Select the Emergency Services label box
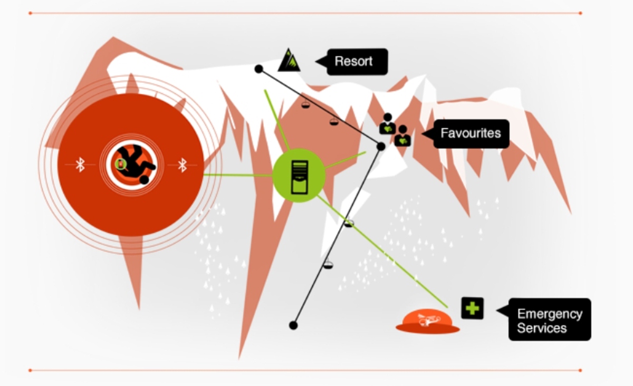pos(549,320)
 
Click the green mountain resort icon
pos(289,60)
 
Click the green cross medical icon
pos(472,308)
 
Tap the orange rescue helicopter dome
pos(427,321)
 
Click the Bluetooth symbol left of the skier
pos(80,165)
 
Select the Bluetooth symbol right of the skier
pos(183,165)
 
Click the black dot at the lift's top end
pos(258,69)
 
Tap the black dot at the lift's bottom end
pos(293,325)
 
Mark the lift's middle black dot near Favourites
pos(381,146)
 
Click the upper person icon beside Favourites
pos(388,124)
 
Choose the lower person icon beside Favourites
pos(402,136)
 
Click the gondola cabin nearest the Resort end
pos(305,104)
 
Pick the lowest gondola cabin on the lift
pos(328,264)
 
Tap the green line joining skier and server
pos(237,175)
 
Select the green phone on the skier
pos(121,165)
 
